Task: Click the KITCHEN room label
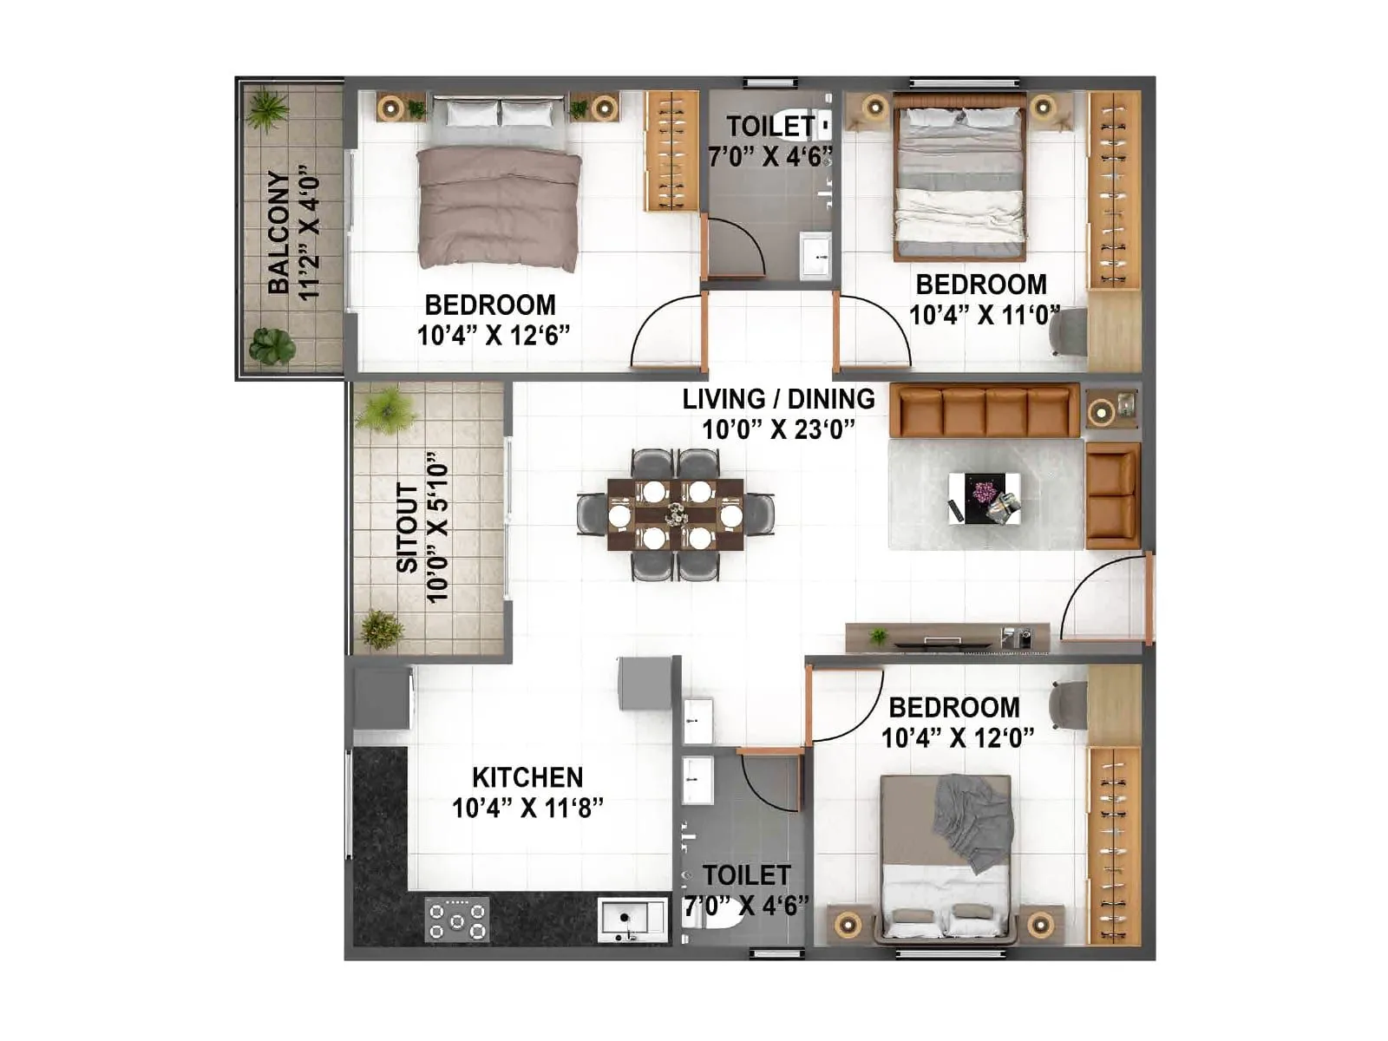(x=527, y=776)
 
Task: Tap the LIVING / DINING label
(x=778, y=399)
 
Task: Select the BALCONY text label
(x=278, y=232)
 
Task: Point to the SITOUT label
(x=407, y=527)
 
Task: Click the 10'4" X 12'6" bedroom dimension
(x=494, y=336)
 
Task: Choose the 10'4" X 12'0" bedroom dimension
(x=958, y=737)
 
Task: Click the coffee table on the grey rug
(x=984, y=499)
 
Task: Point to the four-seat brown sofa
(x=985, y=411)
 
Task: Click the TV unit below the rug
(x=947, y=638)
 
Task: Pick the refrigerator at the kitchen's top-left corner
(x=382, y=698)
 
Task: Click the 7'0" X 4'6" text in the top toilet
(x=769, y=157)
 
